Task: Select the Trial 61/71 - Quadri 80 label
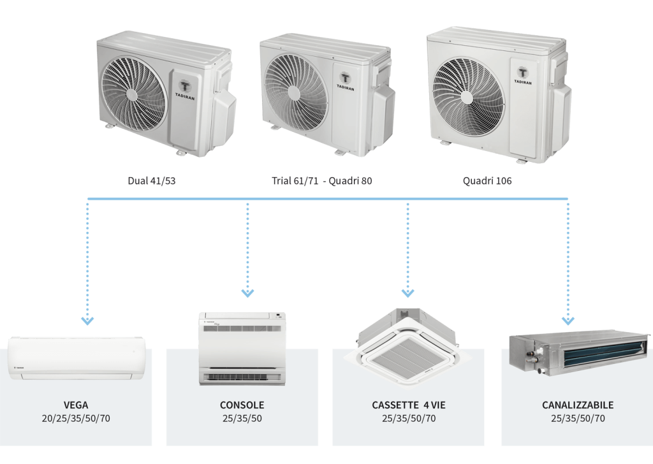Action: pyautogui.click(x=321, y=180)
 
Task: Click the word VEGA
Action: pyautogui.click(x=76, y=405)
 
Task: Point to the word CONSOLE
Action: pyautogui.click(x=242, y=405)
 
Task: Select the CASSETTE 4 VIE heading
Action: pyautogui.click(x=408, y=405)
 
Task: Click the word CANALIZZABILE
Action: pyautogui.click(x=578, y=405)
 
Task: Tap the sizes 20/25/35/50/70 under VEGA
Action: pyautogui.click(x=76, y=419)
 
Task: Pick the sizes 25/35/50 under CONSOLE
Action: pyautogui.click(x=242, y=419)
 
